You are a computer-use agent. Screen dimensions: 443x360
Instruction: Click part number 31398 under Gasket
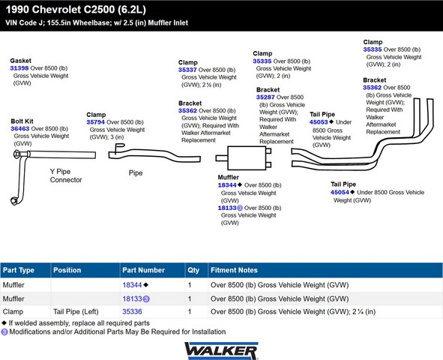[x=19, y=68]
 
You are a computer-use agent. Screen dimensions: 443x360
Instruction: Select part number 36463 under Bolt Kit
[x=19, y=128]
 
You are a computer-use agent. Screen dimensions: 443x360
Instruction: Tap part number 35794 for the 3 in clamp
[x=95, y=122]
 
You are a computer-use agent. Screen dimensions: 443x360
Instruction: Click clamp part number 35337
[x=187, y=70]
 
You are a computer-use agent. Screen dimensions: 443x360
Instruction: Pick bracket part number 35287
[x=265, y=97]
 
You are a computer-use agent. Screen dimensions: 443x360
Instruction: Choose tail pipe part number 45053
[x=319, y=122]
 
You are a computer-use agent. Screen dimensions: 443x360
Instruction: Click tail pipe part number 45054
[x=340, y=193]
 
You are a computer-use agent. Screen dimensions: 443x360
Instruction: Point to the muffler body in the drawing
[x=247, y=158]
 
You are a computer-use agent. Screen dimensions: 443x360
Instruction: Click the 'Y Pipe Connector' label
[x=66, y=175]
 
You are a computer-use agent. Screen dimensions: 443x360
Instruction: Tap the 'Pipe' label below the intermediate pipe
[x=136, y=173]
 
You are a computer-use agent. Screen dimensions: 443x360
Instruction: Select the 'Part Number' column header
[x=143, y=270]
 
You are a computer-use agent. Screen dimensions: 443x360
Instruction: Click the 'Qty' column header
[x=193, y=270]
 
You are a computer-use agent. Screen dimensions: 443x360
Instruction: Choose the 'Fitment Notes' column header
[x=234, y=270]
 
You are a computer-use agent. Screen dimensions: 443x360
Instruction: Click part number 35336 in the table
[x=132, y=312]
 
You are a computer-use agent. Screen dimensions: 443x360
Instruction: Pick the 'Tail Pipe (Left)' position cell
[x=76, y=312]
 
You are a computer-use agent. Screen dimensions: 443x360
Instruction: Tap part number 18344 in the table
[x=132, y=285]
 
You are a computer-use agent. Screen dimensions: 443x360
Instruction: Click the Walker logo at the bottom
[x=221, y=351]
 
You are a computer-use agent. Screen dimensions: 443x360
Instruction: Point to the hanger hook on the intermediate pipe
[x=119, y=146]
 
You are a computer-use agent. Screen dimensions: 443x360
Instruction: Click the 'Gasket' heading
[x=21, y=61]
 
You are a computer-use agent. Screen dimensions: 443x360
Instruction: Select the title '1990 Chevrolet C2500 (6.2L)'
[x=76, y=10]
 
